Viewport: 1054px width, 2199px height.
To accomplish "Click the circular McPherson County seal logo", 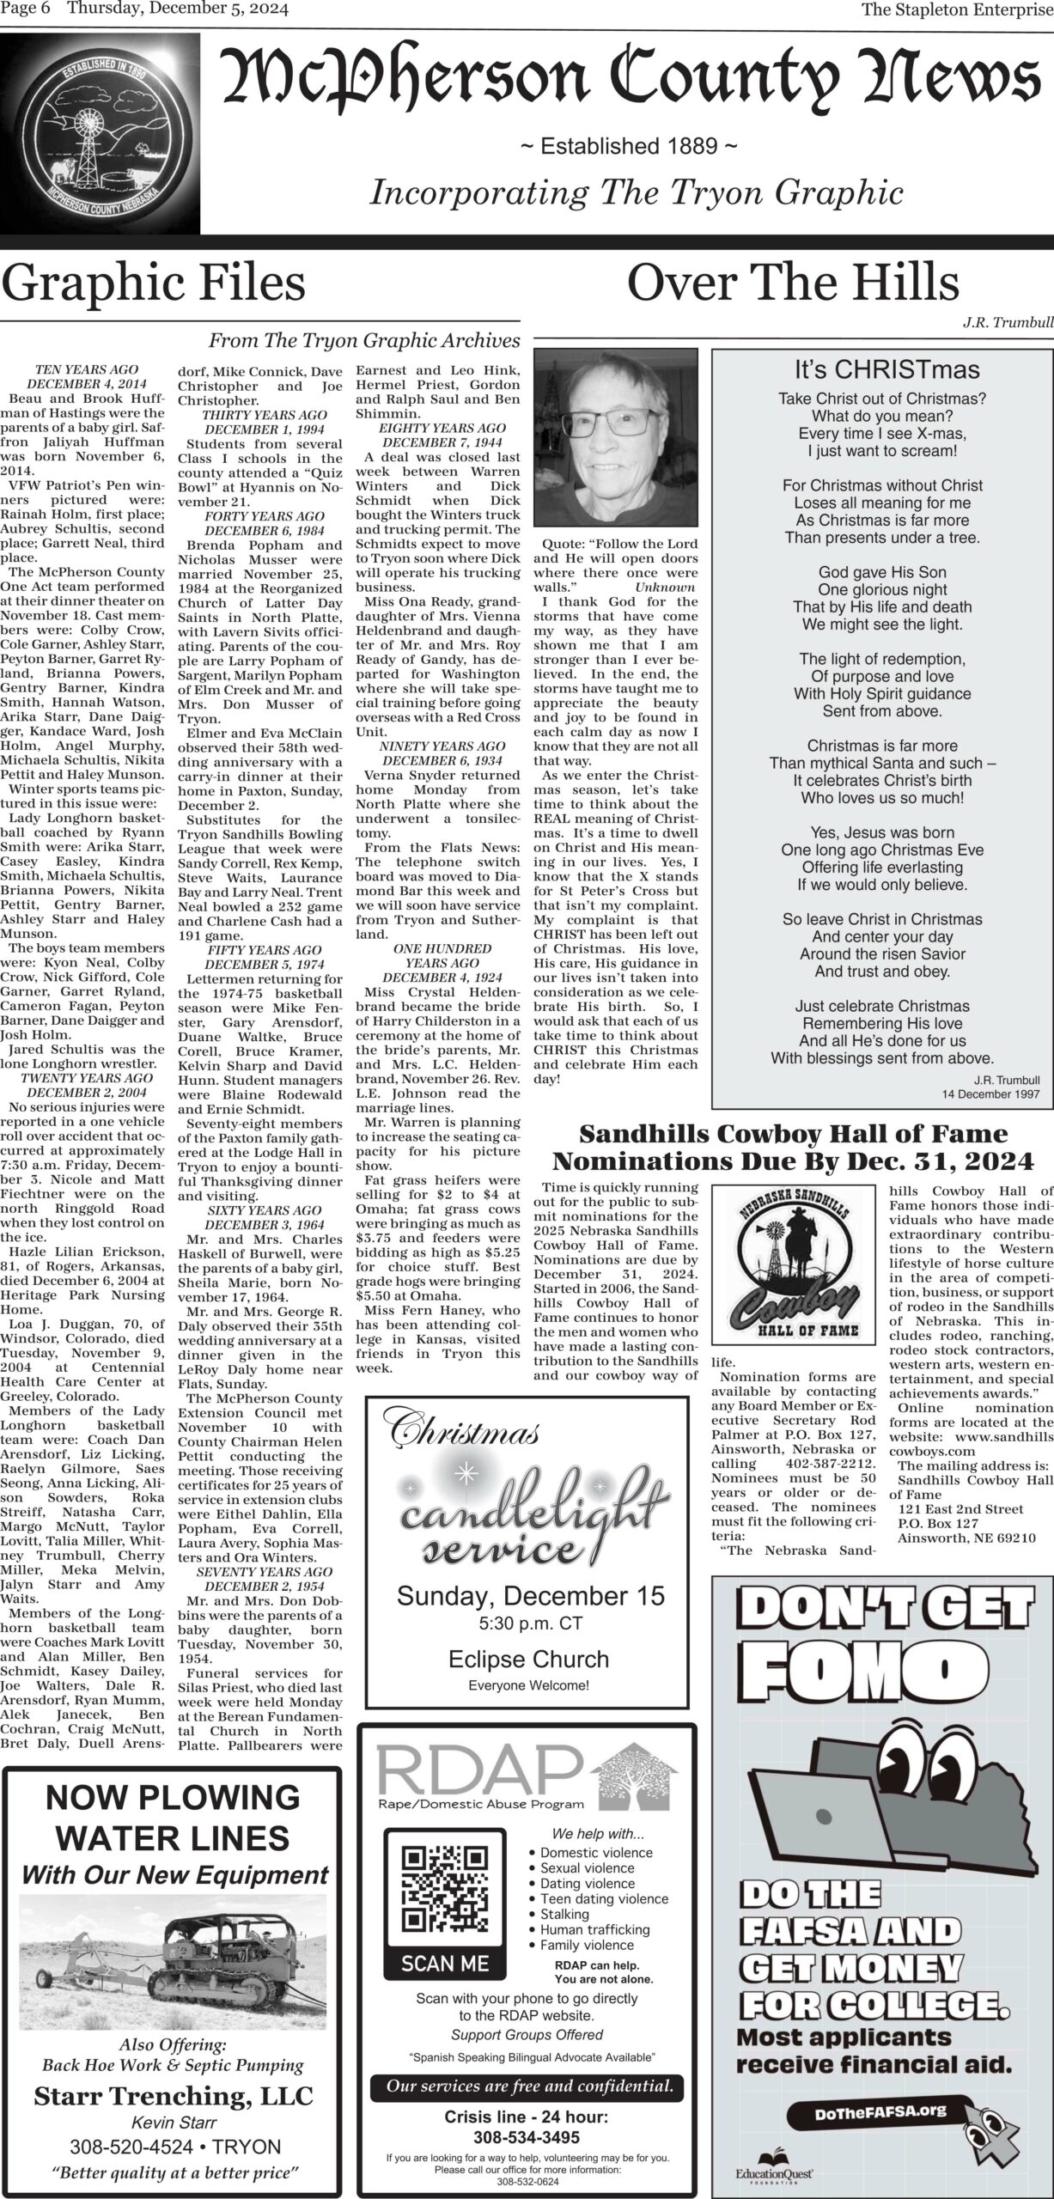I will point(100,132).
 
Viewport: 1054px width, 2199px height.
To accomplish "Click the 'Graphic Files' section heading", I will point(154,283).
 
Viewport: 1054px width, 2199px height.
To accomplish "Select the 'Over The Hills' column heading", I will point(793,283).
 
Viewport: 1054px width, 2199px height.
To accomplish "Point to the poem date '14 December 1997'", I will point(990,1093).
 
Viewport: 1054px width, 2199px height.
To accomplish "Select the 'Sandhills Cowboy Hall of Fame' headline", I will point(793,1134).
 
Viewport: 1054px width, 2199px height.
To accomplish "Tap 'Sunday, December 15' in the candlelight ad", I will point(530,1596).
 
